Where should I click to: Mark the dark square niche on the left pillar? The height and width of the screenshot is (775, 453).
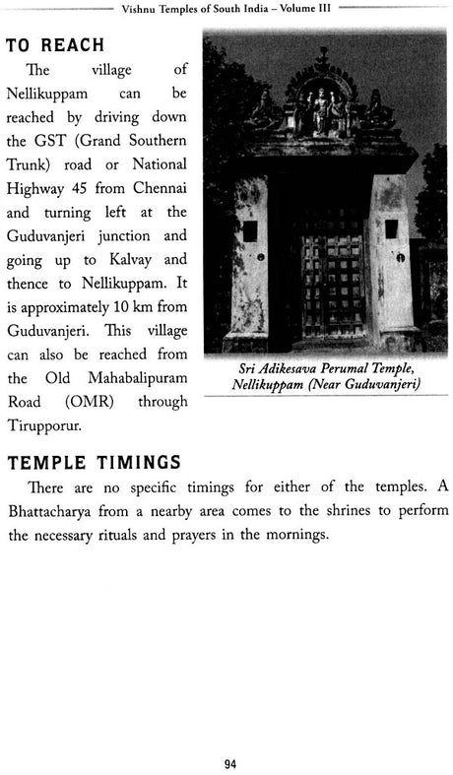pyautogui.click(x=250, y=232)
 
